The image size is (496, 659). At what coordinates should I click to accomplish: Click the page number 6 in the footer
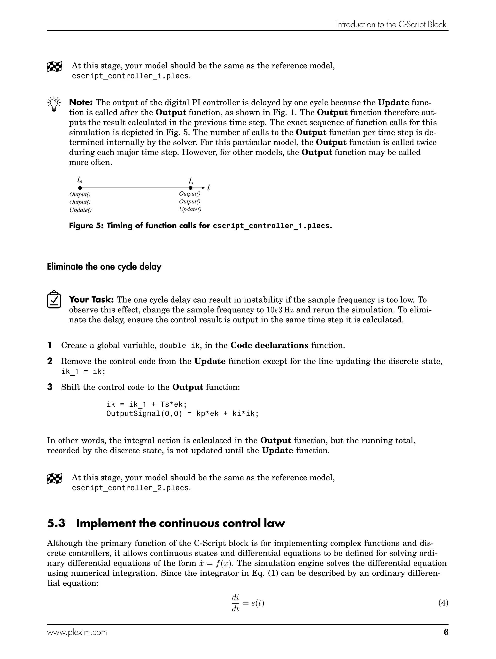click(x=446, y=632)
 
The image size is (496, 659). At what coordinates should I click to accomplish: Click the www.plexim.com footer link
click(x=77, y=632)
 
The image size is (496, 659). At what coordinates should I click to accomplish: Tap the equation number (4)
click(x=443, y=603)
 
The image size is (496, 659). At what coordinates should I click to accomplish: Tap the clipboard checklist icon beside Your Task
click(x=54, y=300)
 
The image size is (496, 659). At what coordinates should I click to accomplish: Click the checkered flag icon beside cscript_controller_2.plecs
click(x=54, y=479)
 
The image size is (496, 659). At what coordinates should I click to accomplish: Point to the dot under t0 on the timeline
click(x=80, y=188)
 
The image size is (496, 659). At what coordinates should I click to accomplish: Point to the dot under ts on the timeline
click(x=190, y=188)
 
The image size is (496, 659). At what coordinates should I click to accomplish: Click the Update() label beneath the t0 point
click(x=80, y=210)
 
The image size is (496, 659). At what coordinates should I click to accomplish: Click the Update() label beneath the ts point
click(x=190, y=209)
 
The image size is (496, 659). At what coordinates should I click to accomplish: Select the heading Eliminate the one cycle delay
click(x=104, y=267)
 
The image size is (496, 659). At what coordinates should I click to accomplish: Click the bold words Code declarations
click(x=269, y=346)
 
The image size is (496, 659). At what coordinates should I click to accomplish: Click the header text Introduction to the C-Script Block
click(x=391, y=24)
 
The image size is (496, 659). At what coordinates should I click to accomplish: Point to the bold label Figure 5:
click(x=86, y=225)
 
